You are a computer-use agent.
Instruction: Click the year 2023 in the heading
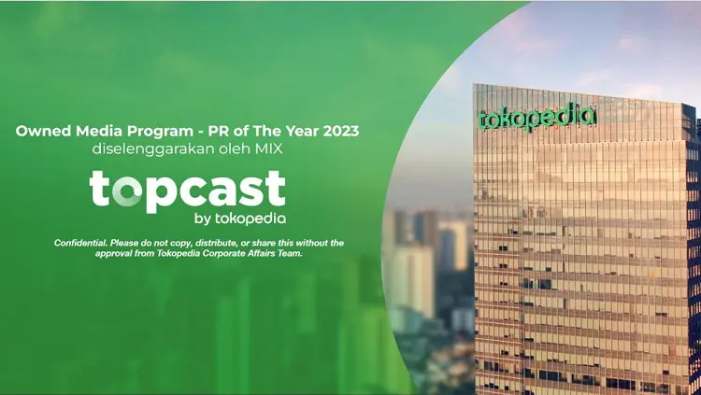pos(340,131)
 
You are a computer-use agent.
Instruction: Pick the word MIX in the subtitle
pos(268,148)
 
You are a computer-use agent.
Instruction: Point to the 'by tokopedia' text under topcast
pos(240,219)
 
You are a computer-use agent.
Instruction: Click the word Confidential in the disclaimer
pos(81,243)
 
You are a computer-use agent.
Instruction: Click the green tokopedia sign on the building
pos(536,116)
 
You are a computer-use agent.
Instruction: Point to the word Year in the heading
pos(304,131)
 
